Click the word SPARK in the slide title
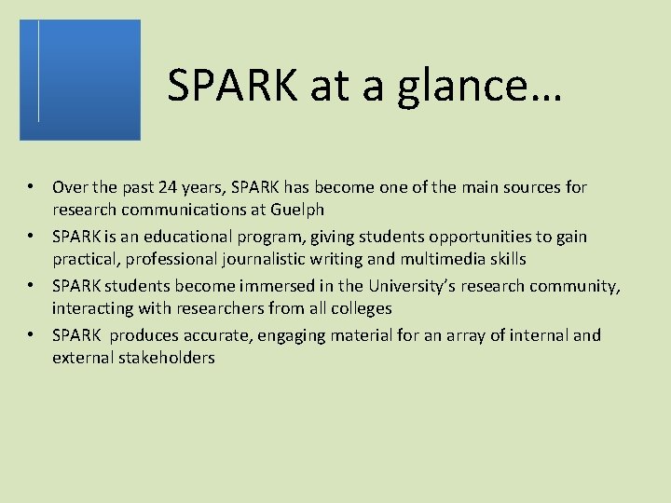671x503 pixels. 229,85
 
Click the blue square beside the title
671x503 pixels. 80,79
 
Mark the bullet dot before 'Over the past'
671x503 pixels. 31,187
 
